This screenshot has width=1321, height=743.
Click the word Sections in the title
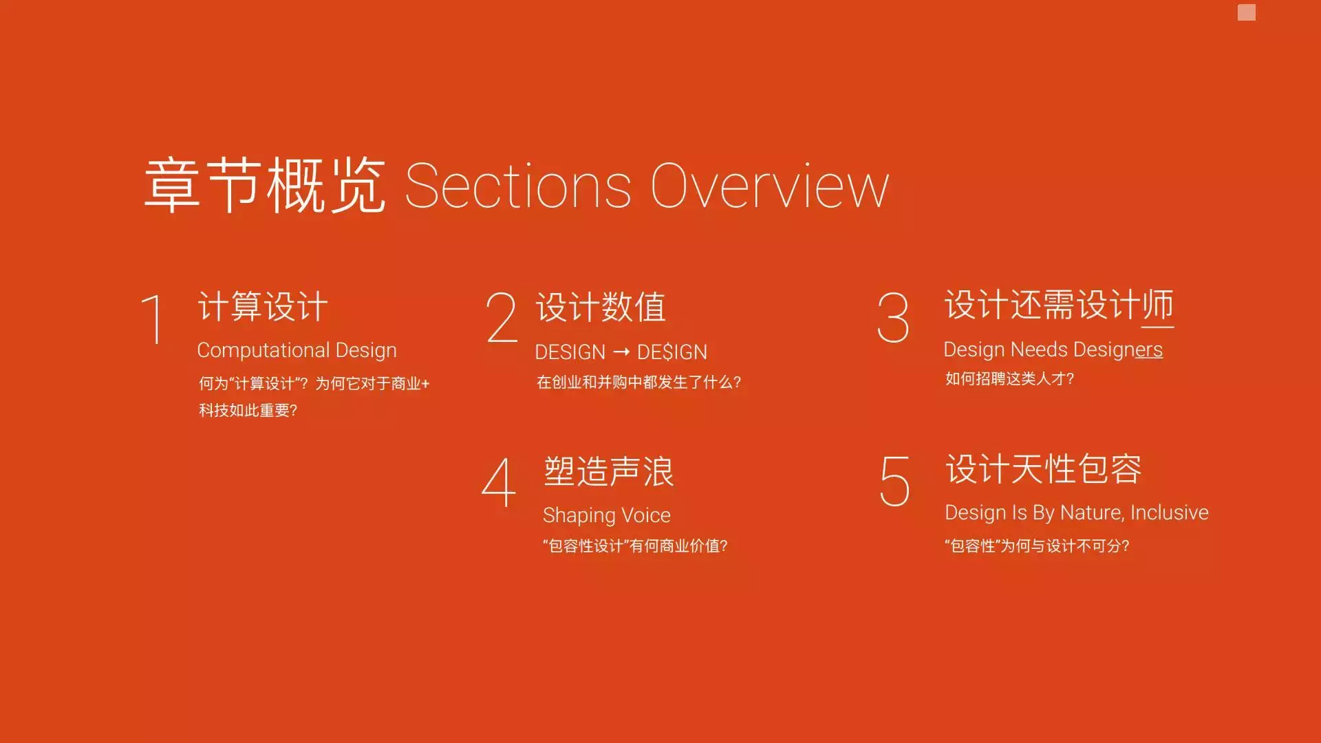pos(518,186)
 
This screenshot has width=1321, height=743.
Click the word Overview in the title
pos(770,186)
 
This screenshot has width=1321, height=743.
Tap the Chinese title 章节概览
pos(265,185)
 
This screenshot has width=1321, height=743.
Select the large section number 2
pos(502,317)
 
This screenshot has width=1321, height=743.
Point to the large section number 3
pos(893,317)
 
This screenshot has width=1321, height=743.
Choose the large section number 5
pos(895,482)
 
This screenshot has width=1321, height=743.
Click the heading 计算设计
pos(263,307)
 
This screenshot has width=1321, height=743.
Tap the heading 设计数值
pos(601,307)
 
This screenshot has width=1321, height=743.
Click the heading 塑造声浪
pos(609,472)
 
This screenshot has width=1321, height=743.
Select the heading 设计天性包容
pos(1044,469)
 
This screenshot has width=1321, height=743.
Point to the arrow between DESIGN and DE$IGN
pos(621,352)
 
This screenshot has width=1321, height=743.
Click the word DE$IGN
pos(672,352)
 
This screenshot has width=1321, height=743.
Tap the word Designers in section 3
pos(1117,349)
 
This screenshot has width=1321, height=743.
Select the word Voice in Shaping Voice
pos(646,515)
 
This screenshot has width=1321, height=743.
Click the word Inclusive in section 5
pos(1170,513)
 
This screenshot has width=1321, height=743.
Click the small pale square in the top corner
pos(1247,12)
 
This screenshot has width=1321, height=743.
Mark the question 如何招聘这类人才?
pos(1009,378)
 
